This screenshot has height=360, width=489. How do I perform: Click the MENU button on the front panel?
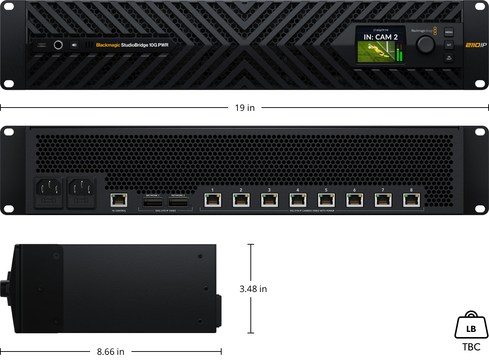pyautogui.click(x=449, y=32)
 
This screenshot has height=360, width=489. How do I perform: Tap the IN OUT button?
pyautogui.click(x=449, y=58)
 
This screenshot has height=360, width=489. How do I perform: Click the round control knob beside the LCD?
pyautogui.click(x=425, y=45)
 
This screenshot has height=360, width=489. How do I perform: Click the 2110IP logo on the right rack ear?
pyautogui.click(x=476, y=45)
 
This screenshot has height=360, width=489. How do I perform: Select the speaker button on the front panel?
pyautogui.click(x=74, y=45)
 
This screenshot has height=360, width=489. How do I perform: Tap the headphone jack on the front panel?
pyautogui.click(x=58, y=45)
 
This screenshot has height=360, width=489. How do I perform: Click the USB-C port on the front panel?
pyautogui.click(x=42, y=45)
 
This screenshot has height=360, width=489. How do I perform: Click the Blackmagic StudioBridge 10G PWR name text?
pyautogui.click(x=132, y=45)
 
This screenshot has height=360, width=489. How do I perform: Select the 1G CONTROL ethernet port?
pyautogui.click(x=119, y=200)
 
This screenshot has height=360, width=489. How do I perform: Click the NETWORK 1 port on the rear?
pyautogui.click(x=153, y=202)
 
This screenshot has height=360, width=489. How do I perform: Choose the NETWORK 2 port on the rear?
pyautogui.click(x=178, y=202)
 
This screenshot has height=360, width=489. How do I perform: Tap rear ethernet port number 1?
pyautogui.click(x=213, y=200)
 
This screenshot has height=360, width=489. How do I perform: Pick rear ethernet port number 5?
pyautogui.click(x=326, y=200)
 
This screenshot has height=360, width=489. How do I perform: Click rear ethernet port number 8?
pyautogui.click(x=411, y=200)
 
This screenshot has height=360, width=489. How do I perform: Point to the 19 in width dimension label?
pyautogui.click(x=245, y=108)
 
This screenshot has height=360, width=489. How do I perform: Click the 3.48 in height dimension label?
pyautogui.click(x=253, y=289)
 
